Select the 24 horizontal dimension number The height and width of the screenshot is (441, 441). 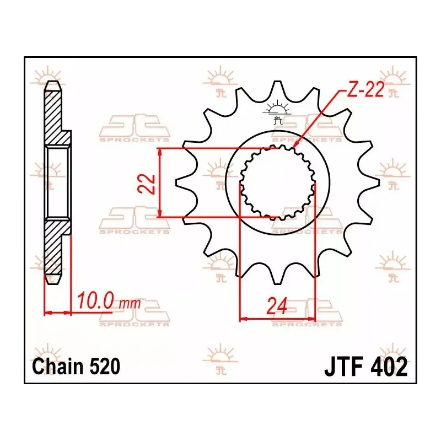click(x=277, y=306)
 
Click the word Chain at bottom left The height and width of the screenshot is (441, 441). click(x=58, y=367)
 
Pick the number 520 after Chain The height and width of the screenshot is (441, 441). click(x=104, y=367)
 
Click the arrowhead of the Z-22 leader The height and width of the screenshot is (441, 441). click(x=295, y=144)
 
